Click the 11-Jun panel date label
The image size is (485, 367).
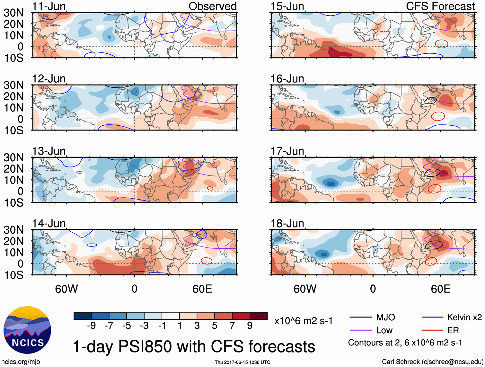pos(49,6)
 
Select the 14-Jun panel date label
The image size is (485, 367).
pos(49,223)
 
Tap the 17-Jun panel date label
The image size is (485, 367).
pos(287,151)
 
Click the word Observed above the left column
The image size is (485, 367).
pos(212,6)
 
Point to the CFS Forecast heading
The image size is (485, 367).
pos(440,6)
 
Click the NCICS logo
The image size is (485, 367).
pos(27,330)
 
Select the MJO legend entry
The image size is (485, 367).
pos(385,318)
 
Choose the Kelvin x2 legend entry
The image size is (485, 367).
pos(464,318)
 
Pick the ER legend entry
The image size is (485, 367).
pos(453,330)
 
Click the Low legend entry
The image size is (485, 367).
pos(384,330)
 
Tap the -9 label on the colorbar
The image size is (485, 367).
pos(91,326)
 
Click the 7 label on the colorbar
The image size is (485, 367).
pos(232,326)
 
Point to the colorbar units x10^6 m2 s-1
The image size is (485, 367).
pos(303,321)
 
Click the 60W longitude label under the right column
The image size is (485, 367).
pos(305,289)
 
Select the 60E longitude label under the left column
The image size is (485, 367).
pos(202,289)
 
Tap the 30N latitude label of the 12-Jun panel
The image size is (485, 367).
pos(13,85)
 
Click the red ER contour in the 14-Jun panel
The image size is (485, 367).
pos(207,261)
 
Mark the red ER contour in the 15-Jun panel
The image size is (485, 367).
pos(441,43)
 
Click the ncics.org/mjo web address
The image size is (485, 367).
pos(21,362)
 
